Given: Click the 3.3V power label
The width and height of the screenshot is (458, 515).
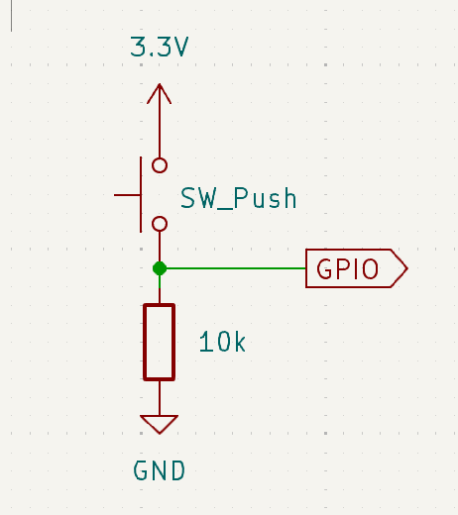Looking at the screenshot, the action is pos(160,47).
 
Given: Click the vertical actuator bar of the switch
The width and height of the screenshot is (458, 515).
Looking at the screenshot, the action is pos(141,195).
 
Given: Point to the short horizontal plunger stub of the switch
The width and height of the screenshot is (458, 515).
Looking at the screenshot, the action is pos(127,195).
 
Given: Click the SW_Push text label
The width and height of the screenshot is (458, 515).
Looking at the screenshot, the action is pos(239,198).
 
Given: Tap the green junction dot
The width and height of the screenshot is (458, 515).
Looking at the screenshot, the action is pos(160,268).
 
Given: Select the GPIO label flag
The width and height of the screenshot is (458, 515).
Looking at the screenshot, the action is pos(357,268).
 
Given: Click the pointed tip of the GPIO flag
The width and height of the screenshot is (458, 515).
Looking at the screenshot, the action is pos(407,268).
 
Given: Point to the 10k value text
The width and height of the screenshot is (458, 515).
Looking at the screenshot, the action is pos(222,342).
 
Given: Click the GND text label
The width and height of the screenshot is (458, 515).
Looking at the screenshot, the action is pos(159,470).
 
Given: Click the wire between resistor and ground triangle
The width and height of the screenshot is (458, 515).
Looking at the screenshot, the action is pos(160,398).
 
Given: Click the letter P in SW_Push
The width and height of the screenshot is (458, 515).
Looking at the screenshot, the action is pos(241,198).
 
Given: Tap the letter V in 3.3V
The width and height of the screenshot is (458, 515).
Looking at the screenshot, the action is pos(180,47).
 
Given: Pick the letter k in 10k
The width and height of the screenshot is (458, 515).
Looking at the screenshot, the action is pos(240,342).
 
